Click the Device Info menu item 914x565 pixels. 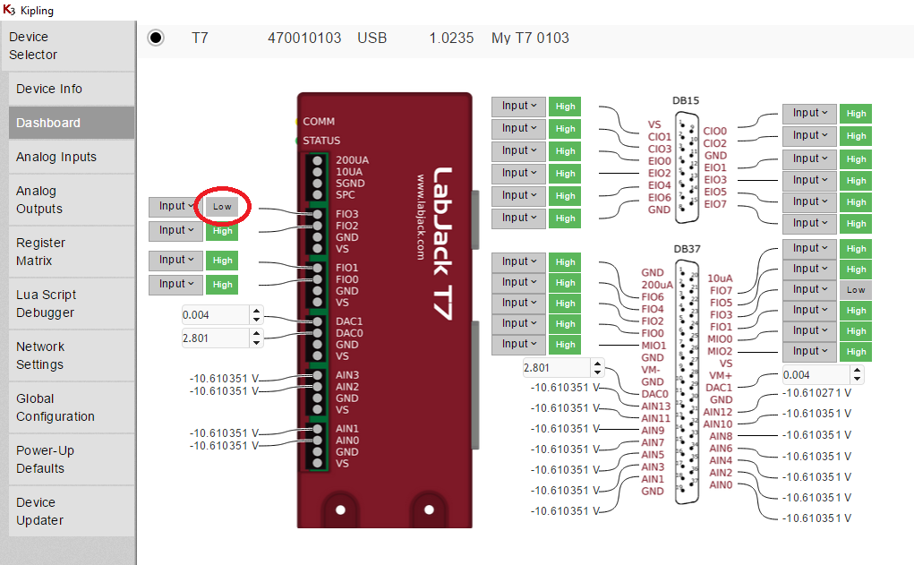pos(49,89)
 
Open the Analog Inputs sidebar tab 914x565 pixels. pos(56,157)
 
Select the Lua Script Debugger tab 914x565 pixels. pos(46,304)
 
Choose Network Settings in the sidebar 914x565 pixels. pos(40,355)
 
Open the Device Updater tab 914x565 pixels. pos(40,511)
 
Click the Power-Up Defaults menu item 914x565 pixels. pos(45,459)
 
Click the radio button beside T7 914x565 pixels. pos(156,38)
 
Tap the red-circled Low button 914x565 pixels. pos(222,207)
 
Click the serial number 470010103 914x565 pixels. pos(304,38)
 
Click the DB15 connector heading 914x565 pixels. pos(686,100)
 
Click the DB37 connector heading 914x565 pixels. pos(686,248)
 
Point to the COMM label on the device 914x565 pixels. pos(319,121)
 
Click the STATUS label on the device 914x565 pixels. pos(321,141)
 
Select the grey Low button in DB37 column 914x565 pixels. pos(856,290)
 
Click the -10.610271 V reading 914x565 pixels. pos(816,392)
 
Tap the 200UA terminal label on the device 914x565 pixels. pos(351,160)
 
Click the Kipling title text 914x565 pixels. pos(37,11)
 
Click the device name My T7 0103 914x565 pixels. pos(530,38)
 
